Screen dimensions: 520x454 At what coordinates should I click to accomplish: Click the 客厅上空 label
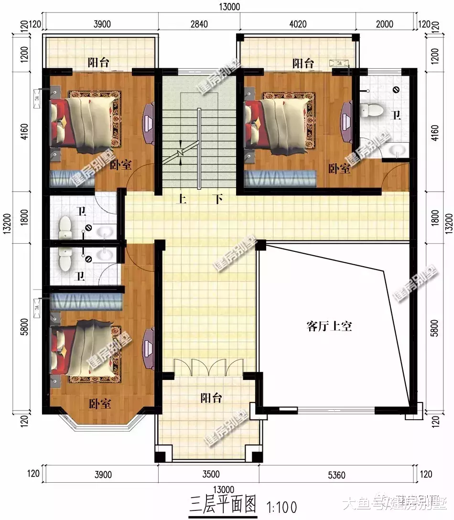pyautogui.click(x=329, y=326)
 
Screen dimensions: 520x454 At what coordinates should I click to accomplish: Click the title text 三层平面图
pyautogui.click(x=223, y=505)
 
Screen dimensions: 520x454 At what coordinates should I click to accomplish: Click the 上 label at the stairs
pyautogui.click(x=180, y=199)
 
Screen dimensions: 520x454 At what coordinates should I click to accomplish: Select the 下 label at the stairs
pyautogui.click(x=218, y=199)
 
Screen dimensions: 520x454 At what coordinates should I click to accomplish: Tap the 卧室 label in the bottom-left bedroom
pyautogui.click(x=100, y=403)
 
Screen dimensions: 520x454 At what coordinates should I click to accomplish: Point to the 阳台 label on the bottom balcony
pyautogui.click(x=211, y=398)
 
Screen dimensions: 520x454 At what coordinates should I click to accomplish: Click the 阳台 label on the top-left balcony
pyautogui.click(x=99, y=62)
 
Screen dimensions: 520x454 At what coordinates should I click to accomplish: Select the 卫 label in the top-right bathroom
pyautogui.click(x=396, y=115)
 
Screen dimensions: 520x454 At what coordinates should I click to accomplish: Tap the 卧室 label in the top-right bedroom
pyautogui.click(x=339, y=169)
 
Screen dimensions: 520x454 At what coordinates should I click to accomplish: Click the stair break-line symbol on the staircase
pyautogui.click(x=180, y=153)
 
